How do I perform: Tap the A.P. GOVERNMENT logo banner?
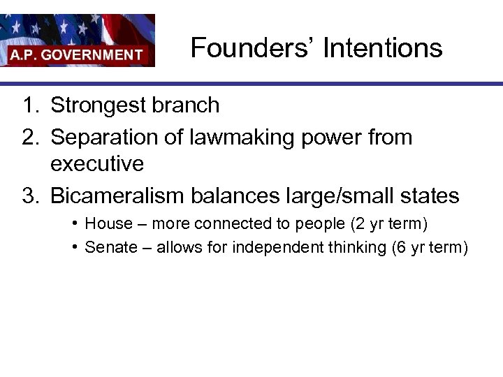point(77,40)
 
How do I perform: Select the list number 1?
point(29,105)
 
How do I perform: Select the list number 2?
point(29,138)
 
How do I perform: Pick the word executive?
point(97,164)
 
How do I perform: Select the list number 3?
point(29,195)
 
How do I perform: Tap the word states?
point(432,195)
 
